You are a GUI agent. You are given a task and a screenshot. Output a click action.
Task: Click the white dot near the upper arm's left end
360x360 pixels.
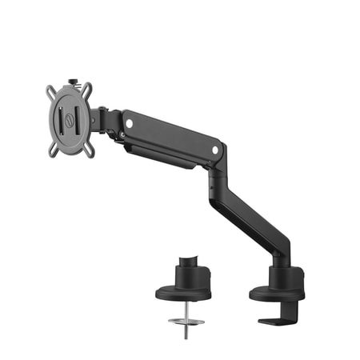point(129,123)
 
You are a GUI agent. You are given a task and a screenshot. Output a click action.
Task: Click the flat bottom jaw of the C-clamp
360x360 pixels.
point(276,322)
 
